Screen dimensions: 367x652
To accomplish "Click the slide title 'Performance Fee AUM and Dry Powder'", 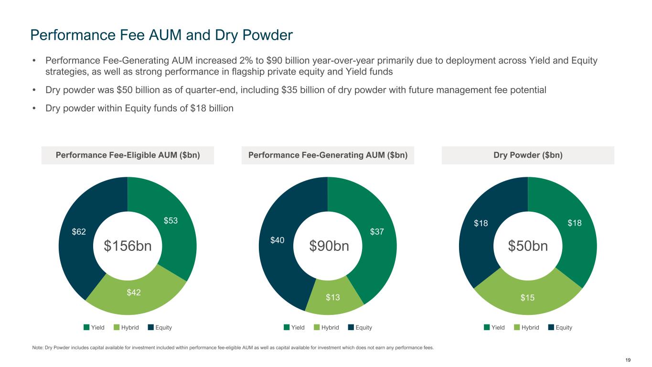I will [x=161, y=35].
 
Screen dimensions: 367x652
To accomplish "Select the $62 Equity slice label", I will [x=79, y=232].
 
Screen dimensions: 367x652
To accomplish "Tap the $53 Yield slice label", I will [x=171, y=221].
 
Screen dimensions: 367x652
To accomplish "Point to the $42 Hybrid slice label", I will [x=134, y=292].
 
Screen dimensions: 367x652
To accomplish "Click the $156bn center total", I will [x=128, y=246].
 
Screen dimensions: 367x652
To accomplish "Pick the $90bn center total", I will [x=329, y=246].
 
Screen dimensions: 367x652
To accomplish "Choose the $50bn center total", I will [x=527, y=246].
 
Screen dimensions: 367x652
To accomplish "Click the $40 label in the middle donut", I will [x=277, y=240].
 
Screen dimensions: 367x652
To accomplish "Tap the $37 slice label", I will [x=377, y=232].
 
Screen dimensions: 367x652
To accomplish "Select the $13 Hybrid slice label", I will [x=333, y=298].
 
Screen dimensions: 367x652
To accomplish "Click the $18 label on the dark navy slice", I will [x=481, y=223].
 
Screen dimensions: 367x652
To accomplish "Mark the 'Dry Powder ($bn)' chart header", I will [x=528, y=155].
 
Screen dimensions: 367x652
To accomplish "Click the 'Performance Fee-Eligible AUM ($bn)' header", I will [x=128, y=155].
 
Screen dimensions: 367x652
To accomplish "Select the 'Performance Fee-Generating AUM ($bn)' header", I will [x=328, y=155].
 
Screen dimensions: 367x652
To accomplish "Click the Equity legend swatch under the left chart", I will [x=151, y=327].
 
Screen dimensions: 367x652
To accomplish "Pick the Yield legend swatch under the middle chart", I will [x=287, y=327].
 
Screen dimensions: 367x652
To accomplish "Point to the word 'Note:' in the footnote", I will [x=35, y=347].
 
